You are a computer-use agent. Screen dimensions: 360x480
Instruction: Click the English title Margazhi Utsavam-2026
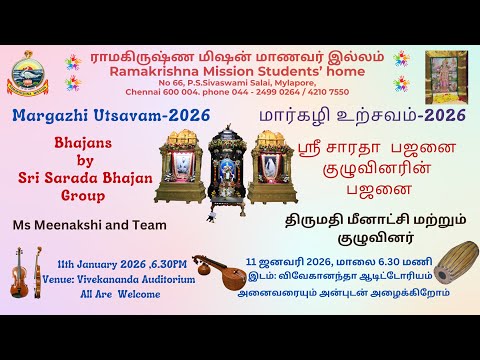pos(111,116)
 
